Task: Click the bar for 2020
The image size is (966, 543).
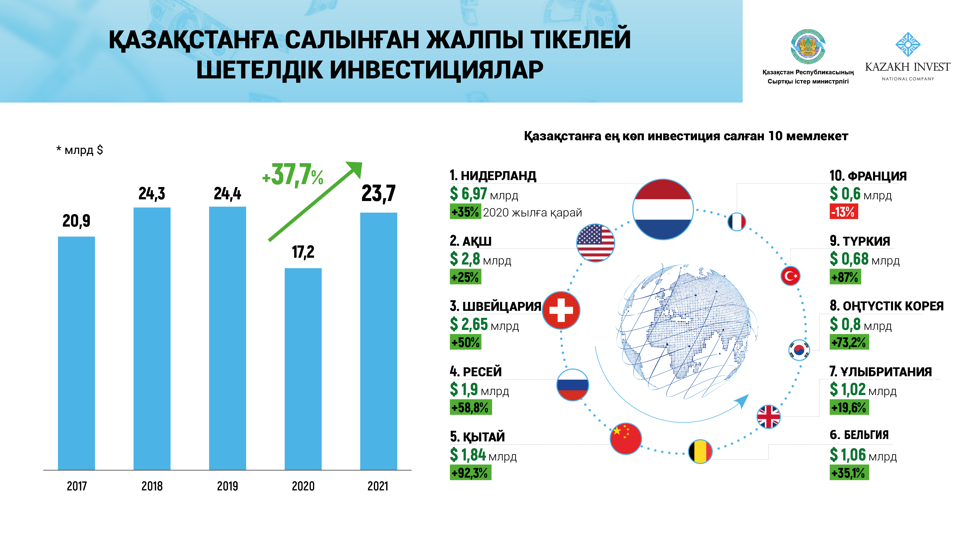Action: (303, 369)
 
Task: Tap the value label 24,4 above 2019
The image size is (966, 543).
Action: (227, 193)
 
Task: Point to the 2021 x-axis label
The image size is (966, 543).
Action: (378, 486)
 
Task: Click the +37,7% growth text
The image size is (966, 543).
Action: (292, 175)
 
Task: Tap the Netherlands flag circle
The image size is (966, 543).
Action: (663, 209)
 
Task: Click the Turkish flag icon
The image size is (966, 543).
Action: (790, 276)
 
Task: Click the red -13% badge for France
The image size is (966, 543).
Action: (843, 212)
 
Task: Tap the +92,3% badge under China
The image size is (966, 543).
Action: (470, 473)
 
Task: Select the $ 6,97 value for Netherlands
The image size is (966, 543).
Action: (468, 194)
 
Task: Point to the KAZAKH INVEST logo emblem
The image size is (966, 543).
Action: (908, 45)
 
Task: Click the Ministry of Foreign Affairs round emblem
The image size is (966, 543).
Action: (808, 47)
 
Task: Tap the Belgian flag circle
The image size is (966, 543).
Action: (700, 451)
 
